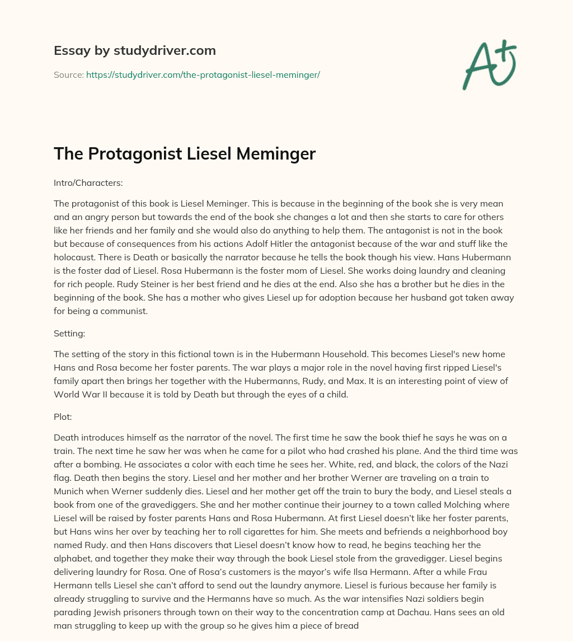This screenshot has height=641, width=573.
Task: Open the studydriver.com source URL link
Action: pyautogui.click(x=203, y=74)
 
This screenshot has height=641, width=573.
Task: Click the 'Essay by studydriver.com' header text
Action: pyautogui.click(x=135, y=51)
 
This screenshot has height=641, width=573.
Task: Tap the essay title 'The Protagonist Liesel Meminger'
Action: pyautogui.click(x=185, y=153)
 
